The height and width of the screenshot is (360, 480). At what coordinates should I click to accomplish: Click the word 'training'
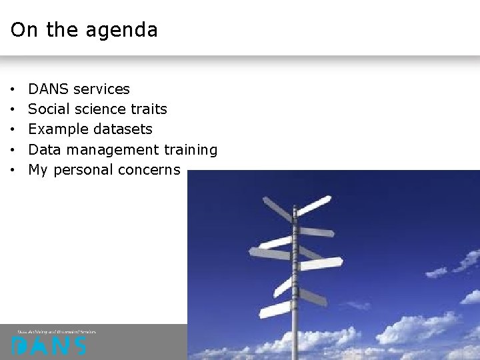[191, 150]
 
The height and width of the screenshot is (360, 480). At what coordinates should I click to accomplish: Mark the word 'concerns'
[149, 170]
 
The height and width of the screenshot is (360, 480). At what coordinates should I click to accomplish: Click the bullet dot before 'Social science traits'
[13, 109]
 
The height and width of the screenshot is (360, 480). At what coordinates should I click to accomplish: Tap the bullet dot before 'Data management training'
[13, 150]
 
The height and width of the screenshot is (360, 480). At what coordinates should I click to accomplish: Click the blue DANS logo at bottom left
[49, 346]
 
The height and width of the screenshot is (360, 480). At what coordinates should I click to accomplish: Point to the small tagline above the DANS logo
[57, 331]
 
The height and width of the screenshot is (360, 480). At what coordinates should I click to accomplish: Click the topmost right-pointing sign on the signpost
[314, 205]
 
